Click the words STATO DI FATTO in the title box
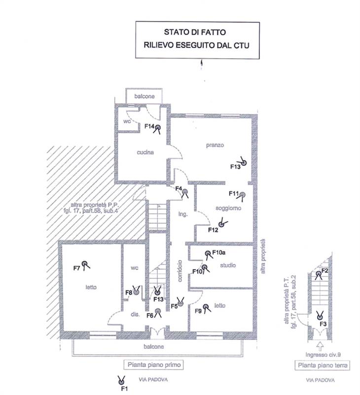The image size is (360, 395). click(x=195, y=32)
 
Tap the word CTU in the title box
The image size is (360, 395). click(x=241, y=45)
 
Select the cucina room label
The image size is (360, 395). click(x=145, y=153)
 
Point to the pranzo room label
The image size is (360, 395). click(x=215, y=145)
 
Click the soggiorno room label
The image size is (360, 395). click(x=228, y=208)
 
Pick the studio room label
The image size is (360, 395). click(x=228, y=265)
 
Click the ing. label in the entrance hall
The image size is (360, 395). click(x=183, y=214)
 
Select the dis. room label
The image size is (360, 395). click(x=135, y=315)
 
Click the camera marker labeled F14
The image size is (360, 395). click(x=157, y=128)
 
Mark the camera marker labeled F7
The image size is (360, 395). click(x=85, y=265)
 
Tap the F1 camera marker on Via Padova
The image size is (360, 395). click(x=121, y=380)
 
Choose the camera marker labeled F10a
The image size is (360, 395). click(x=208, y=254)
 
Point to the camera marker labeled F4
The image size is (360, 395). click(x=185, y=193)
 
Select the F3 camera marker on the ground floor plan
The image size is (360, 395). click(x=320, y=316)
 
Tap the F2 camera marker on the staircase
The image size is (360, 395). click(x=318, y=275)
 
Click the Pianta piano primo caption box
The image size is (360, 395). click(x=154, y=365)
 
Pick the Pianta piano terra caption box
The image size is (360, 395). click(x=322, y=365)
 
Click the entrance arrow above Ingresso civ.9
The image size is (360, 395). click(x=320, y=347)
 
